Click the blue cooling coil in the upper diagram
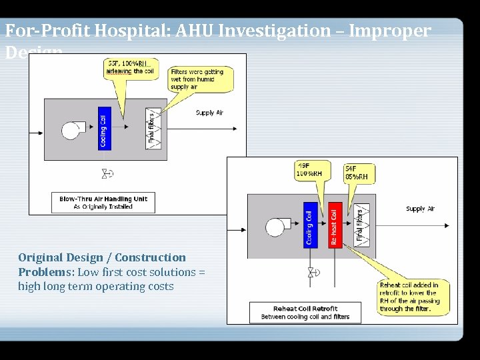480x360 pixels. (103, 128)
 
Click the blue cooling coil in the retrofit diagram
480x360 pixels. (310, 225)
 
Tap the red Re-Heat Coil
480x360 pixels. (335, 225)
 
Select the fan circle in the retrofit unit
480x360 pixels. (275, 227)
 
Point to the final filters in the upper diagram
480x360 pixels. (153, 127)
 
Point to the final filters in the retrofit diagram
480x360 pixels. (361, 225)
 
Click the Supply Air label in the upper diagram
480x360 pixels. (209, 113)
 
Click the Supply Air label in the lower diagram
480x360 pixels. (420, 209)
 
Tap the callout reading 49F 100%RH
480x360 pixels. (309, 170)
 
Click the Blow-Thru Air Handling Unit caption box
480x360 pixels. (103, 203)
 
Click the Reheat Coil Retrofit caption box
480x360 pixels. (305, 312)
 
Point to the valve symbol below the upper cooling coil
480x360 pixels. (106, 174)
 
